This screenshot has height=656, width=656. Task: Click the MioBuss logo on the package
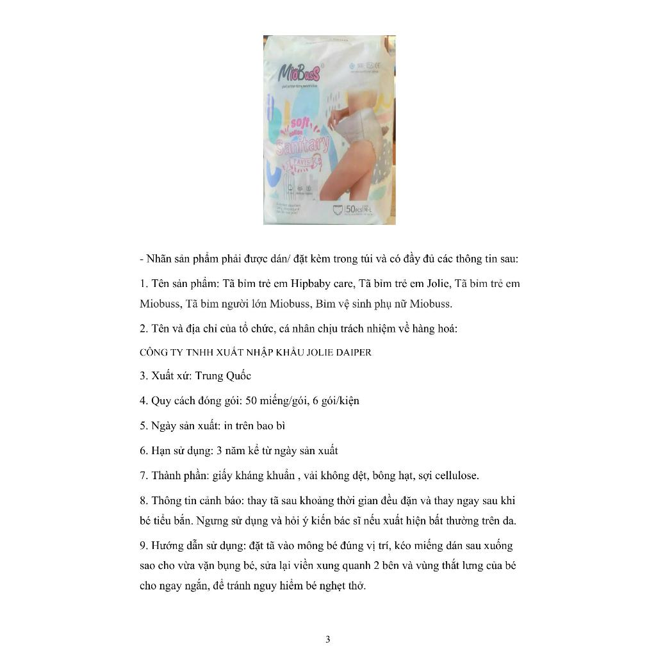tap(298, 70)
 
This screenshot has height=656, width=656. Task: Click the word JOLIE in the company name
tap(306, 352)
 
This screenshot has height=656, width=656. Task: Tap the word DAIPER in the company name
tap(349, 352)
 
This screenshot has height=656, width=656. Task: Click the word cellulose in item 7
tap(455, 475)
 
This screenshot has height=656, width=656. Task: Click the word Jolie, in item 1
tap(438, 283)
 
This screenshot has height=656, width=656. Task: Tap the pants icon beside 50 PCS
tap(336, 209)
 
